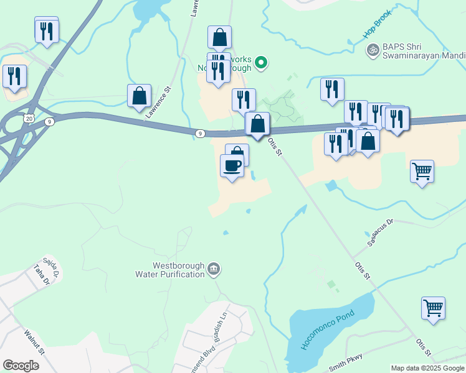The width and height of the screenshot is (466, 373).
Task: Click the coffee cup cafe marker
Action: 232,166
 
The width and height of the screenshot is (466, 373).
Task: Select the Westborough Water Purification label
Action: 170,269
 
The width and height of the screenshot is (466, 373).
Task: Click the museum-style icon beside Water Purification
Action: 214,269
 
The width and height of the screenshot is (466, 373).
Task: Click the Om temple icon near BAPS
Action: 373,50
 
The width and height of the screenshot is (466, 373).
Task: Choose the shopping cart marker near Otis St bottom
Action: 433,308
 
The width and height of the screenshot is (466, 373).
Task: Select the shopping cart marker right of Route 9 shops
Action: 422,171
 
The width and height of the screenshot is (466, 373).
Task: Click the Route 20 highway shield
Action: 29,117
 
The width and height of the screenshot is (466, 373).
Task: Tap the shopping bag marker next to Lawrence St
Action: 140,96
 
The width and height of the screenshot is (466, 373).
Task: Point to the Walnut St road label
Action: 34,342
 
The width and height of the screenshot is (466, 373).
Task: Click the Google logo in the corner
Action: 21,365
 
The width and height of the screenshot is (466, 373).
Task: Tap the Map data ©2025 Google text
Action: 427,368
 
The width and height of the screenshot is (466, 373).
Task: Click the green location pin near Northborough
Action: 262,62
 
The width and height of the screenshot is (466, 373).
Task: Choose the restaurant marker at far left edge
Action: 14,76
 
